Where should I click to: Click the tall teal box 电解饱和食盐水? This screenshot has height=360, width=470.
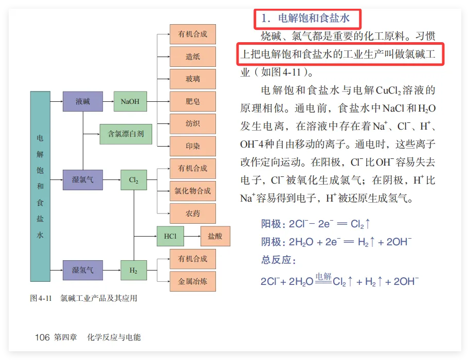coord(41,186)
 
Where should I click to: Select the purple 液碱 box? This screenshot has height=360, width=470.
coord(83,101)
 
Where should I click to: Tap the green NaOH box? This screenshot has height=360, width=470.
coord(130,101)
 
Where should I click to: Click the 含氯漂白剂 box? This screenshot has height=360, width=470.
coord(122,134)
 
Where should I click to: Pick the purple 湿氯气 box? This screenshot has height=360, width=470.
coord(83,180)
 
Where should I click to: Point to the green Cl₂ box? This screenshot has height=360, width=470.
coord(134,180)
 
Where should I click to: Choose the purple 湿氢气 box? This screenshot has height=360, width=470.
coord(83,269)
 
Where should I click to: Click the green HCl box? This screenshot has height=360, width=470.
coord(170,236)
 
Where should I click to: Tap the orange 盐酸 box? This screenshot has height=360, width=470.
coord(215,236)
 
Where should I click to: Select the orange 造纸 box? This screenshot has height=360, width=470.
coord(193,57)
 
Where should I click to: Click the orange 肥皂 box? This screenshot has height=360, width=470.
coord(193,101)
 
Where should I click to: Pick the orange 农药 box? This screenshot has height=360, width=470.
coord(193,213)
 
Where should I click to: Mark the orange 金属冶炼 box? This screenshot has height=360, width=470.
coord(193,281)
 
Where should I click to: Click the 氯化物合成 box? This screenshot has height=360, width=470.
coord(193,191)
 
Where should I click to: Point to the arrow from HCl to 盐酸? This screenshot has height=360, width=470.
coord(192,236)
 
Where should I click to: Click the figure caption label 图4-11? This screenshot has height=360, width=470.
coord(42,298)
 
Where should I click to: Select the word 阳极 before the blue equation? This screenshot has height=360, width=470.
coord(271,224)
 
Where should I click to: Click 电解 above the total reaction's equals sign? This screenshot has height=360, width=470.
coord(323,276)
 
